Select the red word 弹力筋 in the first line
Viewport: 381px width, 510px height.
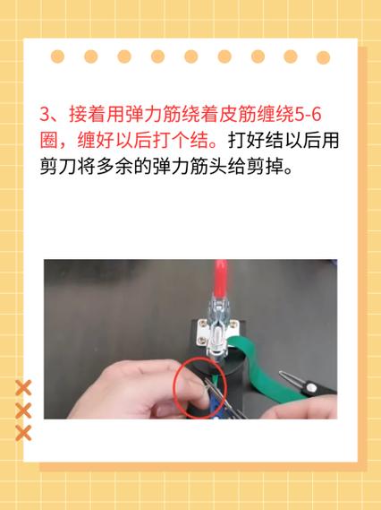tap(151, 115)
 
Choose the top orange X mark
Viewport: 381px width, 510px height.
tap(24, 388)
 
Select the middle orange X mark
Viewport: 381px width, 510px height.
tap(24, 411)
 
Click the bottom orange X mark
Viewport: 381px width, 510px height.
tap(24, 433)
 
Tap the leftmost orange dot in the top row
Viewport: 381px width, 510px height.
tap(58, 56)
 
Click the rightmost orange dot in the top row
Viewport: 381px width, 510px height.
tap(323, 56)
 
